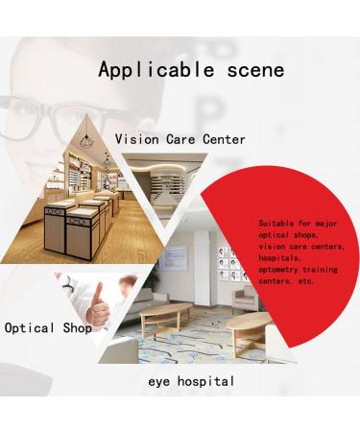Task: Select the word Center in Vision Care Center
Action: point(222,139)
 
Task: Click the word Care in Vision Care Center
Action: point(182,139)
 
